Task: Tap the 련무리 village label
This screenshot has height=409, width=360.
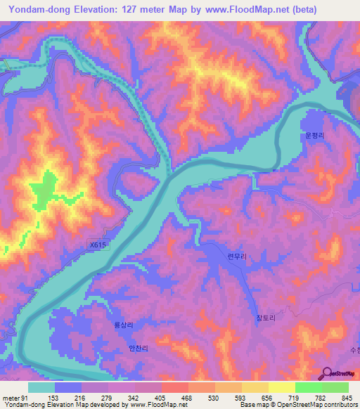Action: [x=237, y=258]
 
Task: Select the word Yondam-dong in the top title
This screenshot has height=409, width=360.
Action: [x=40, y=10]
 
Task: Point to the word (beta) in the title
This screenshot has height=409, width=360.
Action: [x=301, y=10]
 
